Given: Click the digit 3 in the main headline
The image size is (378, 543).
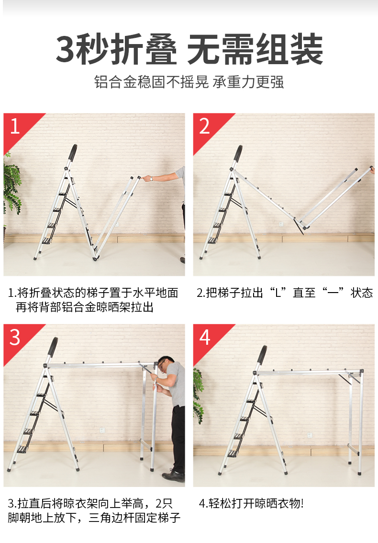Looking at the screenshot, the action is coord(66,49).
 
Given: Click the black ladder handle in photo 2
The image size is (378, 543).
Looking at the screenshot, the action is coord(238,154).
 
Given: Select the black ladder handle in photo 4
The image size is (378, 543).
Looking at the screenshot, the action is coord(263,354).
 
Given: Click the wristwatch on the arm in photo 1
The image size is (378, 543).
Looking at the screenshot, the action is coord(151,179).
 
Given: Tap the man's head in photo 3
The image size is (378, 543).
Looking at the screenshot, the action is coord(166,364).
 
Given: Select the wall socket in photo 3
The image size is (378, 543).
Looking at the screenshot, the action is coord(102,430).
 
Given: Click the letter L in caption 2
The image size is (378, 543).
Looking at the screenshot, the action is coord(278,293).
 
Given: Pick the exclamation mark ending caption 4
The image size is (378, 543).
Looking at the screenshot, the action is coord(302,504).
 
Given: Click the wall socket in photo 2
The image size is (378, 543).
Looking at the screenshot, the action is coord(281,224).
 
